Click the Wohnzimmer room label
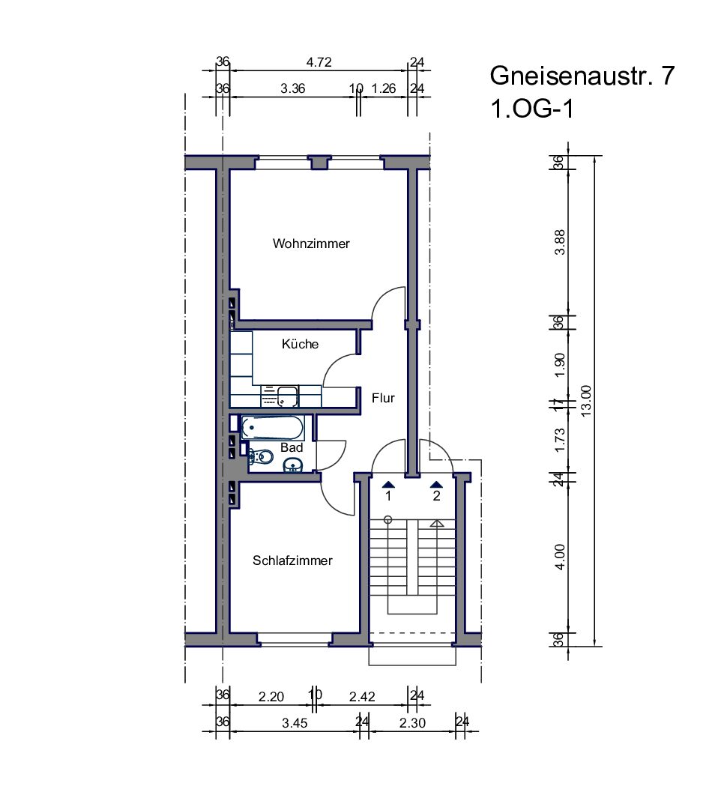[x=311, y=244]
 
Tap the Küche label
[x=300, y=344]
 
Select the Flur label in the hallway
[x=383, y=398]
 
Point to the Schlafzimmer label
[x=292, y=560]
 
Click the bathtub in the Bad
[x=272, y=428]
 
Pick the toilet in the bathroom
[x=262, y=457]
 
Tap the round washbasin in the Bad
[x=293, y=465]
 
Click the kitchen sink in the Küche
[x=288, y=396]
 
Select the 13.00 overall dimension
[x=586, y=401]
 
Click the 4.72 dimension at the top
[x=319, y=62]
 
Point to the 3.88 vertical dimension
[x=560, y=243]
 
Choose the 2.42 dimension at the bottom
[x=362, y=696]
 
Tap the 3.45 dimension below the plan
[x=295, y=723]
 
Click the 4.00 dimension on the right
[x=560, y=557]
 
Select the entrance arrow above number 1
[x=388, y=485]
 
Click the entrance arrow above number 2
[x=436, y=485]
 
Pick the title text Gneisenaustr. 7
[x=582, y=76]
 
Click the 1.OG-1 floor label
[x=532, y=109]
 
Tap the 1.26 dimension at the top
[x=384, y=88]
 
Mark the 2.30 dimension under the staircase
[x=412, y=723]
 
